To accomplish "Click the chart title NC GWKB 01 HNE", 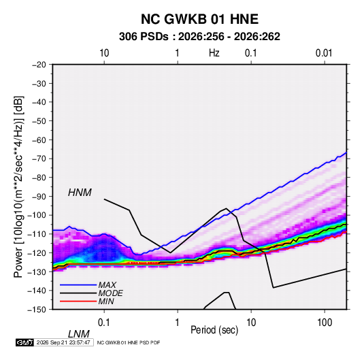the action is coord(199,19).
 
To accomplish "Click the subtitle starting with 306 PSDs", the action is coord(199,37).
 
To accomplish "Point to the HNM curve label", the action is coord(80,193).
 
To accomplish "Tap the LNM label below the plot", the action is coord(79,334).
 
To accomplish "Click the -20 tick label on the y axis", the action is coord(39,65).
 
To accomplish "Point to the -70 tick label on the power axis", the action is coord(39,159).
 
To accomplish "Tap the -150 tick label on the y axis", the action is coord(37,310).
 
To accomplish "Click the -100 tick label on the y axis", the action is coord(37,215).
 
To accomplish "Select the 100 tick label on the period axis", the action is coord(325,323).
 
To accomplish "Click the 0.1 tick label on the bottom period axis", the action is coord(104,323).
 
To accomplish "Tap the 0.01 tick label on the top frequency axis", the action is coord(324,53).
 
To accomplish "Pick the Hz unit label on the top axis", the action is coord(214,53).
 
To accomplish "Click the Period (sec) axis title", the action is coord(214,330).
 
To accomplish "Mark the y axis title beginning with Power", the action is coord(18,186).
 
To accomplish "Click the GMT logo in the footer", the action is coord(24,342).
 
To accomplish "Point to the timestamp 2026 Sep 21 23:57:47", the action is coord(63,342).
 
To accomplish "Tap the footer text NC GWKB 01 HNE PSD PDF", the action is coord(129,342).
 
